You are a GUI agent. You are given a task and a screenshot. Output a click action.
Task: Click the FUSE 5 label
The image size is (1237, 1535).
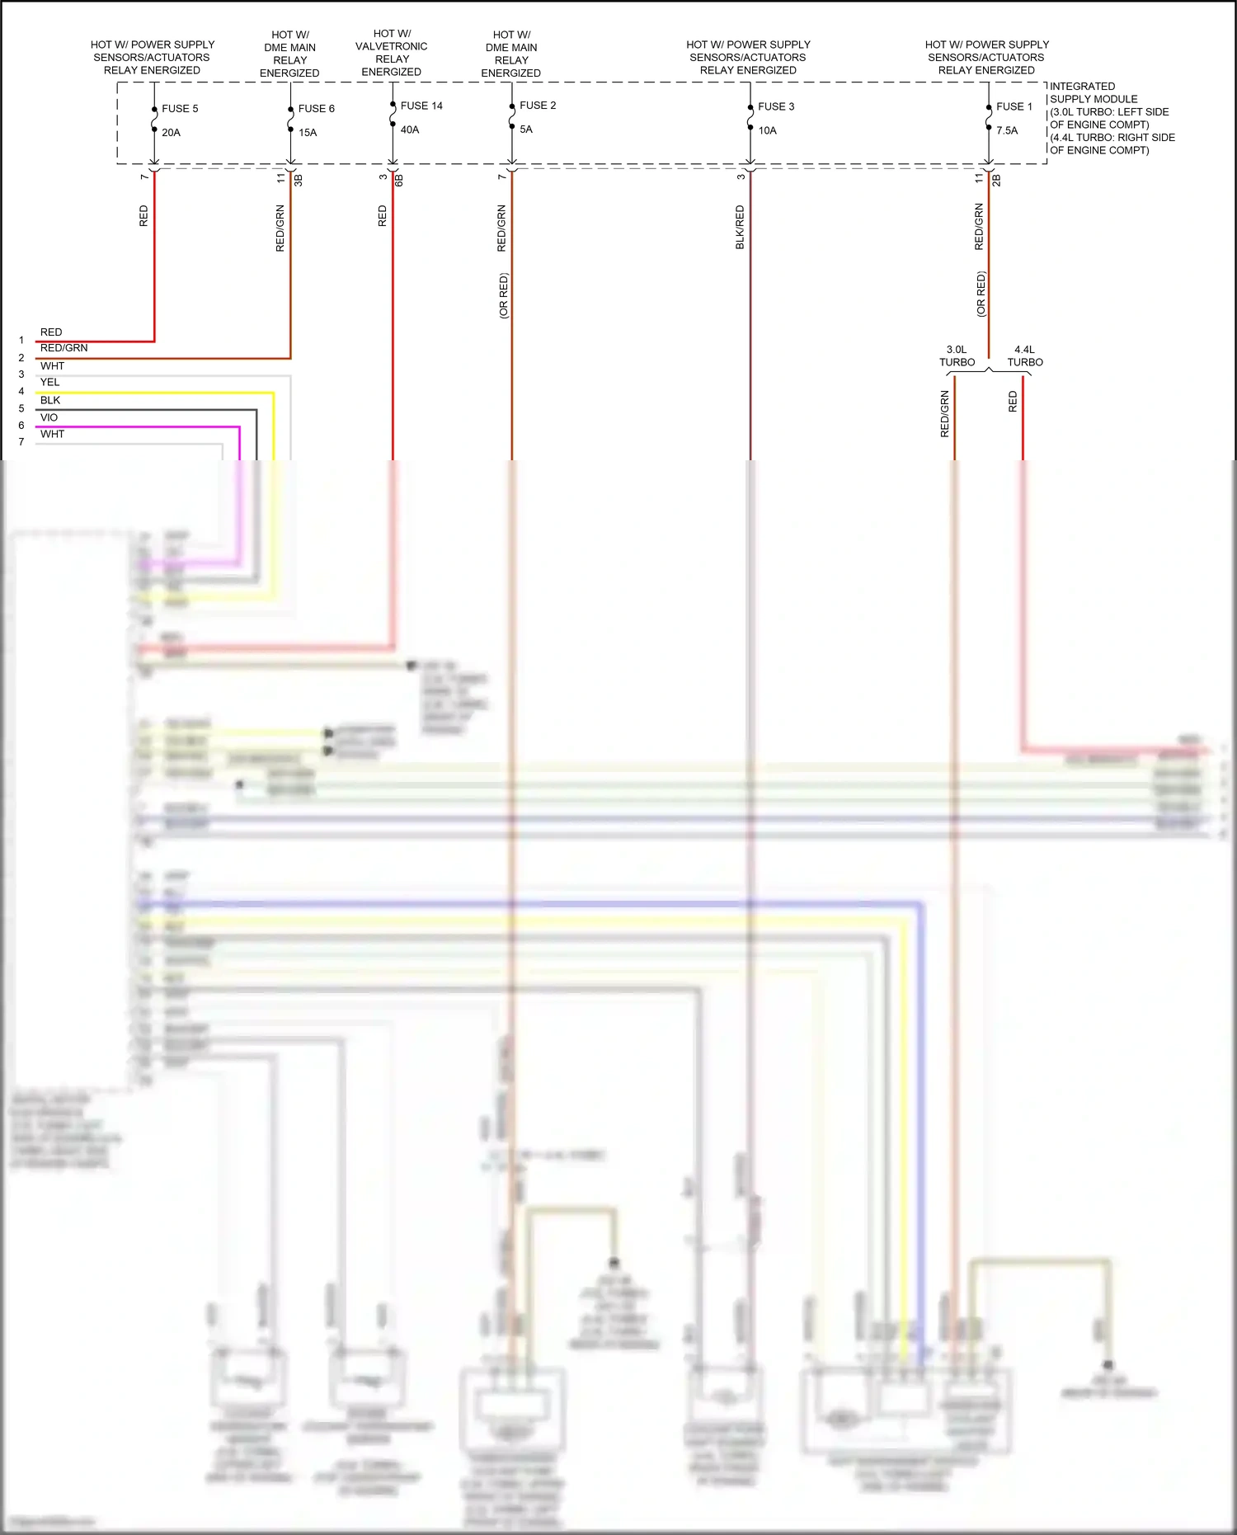tap(180, 109)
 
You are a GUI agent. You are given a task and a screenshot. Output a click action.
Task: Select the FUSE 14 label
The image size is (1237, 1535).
tap(421, 106)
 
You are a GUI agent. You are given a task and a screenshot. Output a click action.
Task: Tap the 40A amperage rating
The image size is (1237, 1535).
tap(410, 129)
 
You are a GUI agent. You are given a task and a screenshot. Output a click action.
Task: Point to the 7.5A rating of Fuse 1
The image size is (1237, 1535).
tap(1007, 130)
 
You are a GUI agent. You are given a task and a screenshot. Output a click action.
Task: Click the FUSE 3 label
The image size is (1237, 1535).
tap(776, 106)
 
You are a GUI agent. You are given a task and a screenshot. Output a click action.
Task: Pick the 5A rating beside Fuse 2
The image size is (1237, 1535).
tap(526, 129)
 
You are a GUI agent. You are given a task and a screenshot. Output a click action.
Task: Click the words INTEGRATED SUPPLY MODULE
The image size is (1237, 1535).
tap(1093, 92)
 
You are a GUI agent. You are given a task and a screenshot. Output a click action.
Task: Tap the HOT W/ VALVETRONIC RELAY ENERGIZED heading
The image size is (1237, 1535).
tap(392, 53)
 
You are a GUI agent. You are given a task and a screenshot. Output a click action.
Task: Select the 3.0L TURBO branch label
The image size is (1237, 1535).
tap(957, 356)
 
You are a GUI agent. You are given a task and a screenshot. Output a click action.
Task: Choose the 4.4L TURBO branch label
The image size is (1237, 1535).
tap(1025, 356)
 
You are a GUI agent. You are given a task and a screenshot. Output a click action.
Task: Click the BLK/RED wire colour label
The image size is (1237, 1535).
tap(740, 228)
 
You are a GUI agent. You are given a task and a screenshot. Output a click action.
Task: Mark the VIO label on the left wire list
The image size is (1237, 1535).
tap(49, 417)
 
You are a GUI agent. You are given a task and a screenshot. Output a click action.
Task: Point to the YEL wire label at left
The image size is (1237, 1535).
tap(50, 382)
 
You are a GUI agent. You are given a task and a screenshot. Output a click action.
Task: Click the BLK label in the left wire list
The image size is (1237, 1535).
tap(50, 400)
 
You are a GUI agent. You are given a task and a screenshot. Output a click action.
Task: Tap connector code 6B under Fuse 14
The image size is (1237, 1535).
tap(399, 179)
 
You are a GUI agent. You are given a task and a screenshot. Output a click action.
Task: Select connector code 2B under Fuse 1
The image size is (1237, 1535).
tap(996, 179)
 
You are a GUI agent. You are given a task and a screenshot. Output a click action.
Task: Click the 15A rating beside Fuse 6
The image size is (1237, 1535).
tap(308, 132)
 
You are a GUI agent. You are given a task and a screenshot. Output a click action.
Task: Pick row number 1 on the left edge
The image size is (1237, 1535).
tap(21, 340)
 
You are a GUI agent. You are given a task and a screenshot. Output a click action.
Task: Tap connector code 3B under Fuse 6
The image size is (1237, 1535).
tap(299, 179)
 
